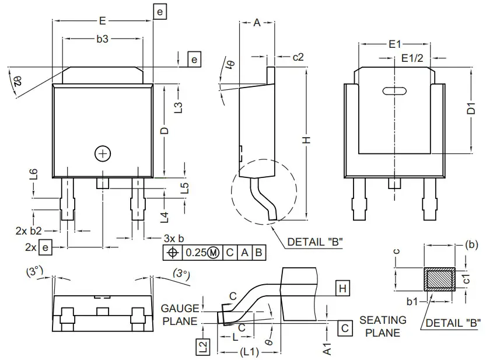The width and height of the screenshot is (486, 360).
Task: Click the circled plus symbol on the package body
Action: tap(103, 153)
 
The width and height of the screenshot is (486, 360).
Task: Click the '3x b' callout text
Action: tap(173, 239)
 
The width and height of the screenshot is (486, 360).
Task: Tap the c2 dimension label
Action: tap(298, 57)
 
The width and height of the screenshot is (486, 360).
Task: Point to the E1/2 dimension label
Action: tap(412, 58)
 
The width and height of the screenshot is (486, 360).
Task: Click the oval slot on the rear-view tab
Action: tap(394, 90)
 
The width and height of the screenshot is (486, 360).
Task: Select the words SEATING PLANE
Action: tap(383, 326)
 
